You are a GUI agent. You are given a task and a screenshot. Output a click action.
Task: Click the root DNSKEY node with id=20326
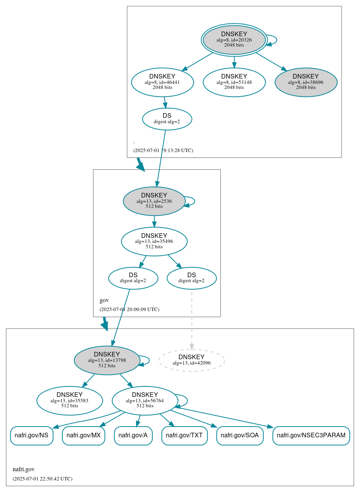pyautogui.click(x=234, y=40)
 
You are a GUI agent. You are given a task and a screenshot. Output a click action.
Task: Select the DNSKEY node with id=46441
pyautogui.click(x=162, y=82)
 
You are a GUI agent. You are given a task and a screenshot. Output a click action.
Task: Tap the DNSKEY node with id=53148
pyautogui.click(x=234, y=82)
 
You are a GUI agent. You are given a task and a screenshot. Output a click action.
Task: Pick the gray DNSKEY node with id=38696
pyautogui.click(x=306, y=82)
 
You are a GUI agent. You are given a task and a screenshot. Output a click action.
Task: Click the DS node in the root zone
pyautogui.click(x=167, y=119)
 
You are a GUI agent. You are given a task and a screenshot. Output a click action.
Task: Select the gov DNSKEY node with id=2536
pyautogui.click(x=154, y=201)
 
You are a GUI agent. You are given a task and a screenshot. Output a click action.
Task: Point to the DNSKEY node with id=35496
pyautogui.click(x=154, y=241)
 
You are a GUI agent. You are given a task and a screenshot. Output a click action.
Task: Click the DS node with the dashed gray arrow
pyautogui.click(x=192, y=278)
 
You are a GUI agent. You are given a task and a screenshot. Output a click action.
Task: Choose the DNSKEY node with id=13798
pyautogui.click(x=107, y=360)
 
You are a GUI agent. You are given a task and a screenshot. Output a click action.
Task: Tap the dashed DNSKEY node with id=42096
pyautogui.click(x=192, y=360)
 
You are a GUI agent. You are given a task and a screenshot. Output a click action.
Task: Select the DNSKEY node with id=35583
pyautogui.click(x=70, y=400)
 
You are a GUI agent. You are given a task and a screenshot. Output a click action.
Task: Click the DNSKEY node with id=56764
pyautogui.click(x=145, y=400)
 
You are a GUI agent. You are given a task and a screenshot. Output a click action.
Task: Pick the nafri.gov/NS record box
pyautogui.click(x=32, y=435)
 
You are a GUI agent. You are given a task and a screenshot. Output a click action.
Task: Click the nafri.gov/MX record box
pyautogui.click(x=83, y=435)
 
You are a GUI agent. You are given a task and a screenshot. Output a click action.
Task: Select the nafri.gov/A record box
pyautogui.click(x=133, y=435)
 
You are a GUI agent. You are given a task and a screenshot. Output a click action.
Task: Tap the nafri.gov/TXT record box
pyautogui.click(x=185, y=435)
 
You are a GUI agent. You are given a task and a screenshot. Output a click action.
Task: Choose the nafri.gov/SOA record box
pyautogui.click(x=240, y=435)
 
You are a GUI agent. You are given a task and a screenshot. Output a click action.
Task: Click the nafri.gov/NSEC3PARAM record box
pyautogui.click(x=311, y=435)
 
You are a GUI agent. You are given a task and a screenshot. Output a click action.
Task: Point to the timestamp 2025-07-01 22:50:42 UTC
pyautogui.click(x=42, y=479)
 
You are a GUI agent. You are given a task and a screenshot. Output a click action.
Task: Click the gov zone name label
pyautogui.click(x=104, y=300)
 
